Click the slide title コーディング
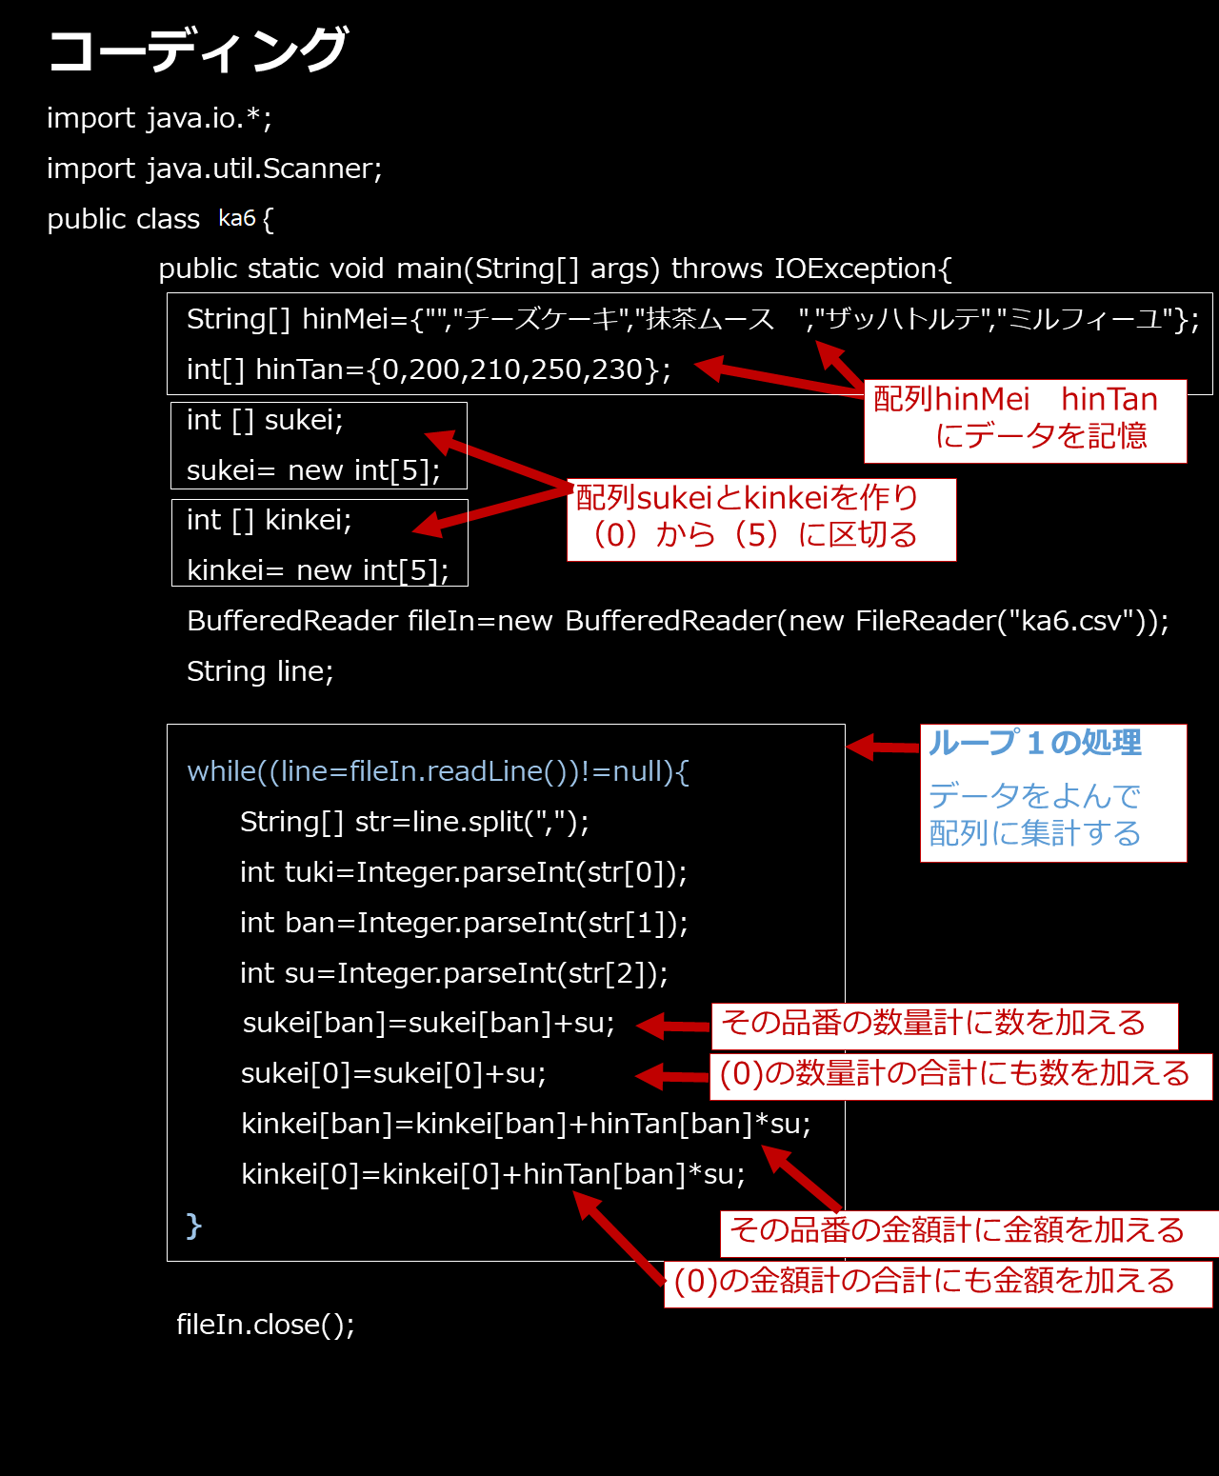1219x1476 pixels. (x=197, y=50)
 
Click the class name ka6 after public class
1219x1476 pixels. (x=237, y=218)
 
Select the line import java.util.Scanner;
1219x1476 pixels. (x=214, y=169)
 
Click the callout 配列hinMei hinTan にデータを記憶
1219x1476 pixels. (x=1026, y=421)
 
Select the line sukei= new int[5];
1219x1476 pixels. (x=313, y=470)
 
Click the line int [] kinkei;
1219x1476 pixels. (x=270, y=520)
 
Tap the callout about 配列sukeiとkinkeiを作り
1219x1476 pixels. (x=762, y=520)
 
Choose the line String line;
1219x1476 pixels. (x=260, y=670)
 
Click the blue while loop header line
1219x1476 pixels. (x=438, y=771)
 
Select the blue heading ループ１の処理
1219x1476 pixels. (x=1034, y=743)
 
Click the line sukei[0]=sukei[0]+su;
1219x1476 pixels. (x=393, y=1073)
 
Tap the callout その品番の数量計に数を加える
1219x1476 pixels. (x=945, y=1026)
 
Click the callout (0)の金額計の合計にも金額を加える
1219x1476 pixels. (x=938, y=1284)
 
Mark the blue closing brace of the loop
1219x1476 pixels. (x=193, y=1226)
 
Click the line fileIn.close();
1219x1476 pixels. (x=265, y=1325)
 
